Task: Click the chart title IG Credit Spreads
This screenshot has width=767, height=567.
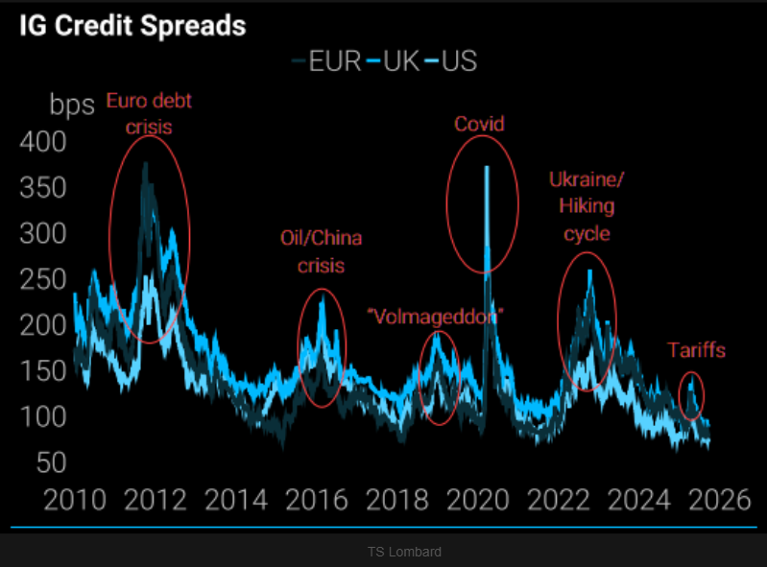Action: coord(132,26)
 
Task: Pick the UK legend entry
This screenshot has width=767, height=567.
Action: coord(393,62)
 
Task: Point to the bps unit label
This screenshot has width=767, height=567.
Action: coord(72,104)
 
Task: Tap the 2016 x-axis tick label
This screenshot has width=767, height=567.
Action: coord(317,501)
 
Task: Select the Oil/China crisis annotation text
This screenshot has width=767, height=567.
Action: coord(321,250)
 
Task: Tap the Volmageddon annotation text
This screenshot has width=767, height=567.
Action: coord(436,314)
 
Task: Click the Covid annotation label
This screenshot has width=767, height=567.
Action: coord(479,124)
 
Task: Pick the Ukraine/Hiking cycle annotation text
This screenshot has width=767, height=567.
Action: coord(586,205)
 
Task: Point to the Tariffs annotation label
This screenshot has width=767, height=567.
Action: coord(697,350)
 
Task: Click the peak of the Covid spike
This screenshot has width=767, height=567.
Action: coord(487,168)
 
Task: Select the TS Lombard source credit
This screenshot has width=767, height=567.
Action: coord(404,552)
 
